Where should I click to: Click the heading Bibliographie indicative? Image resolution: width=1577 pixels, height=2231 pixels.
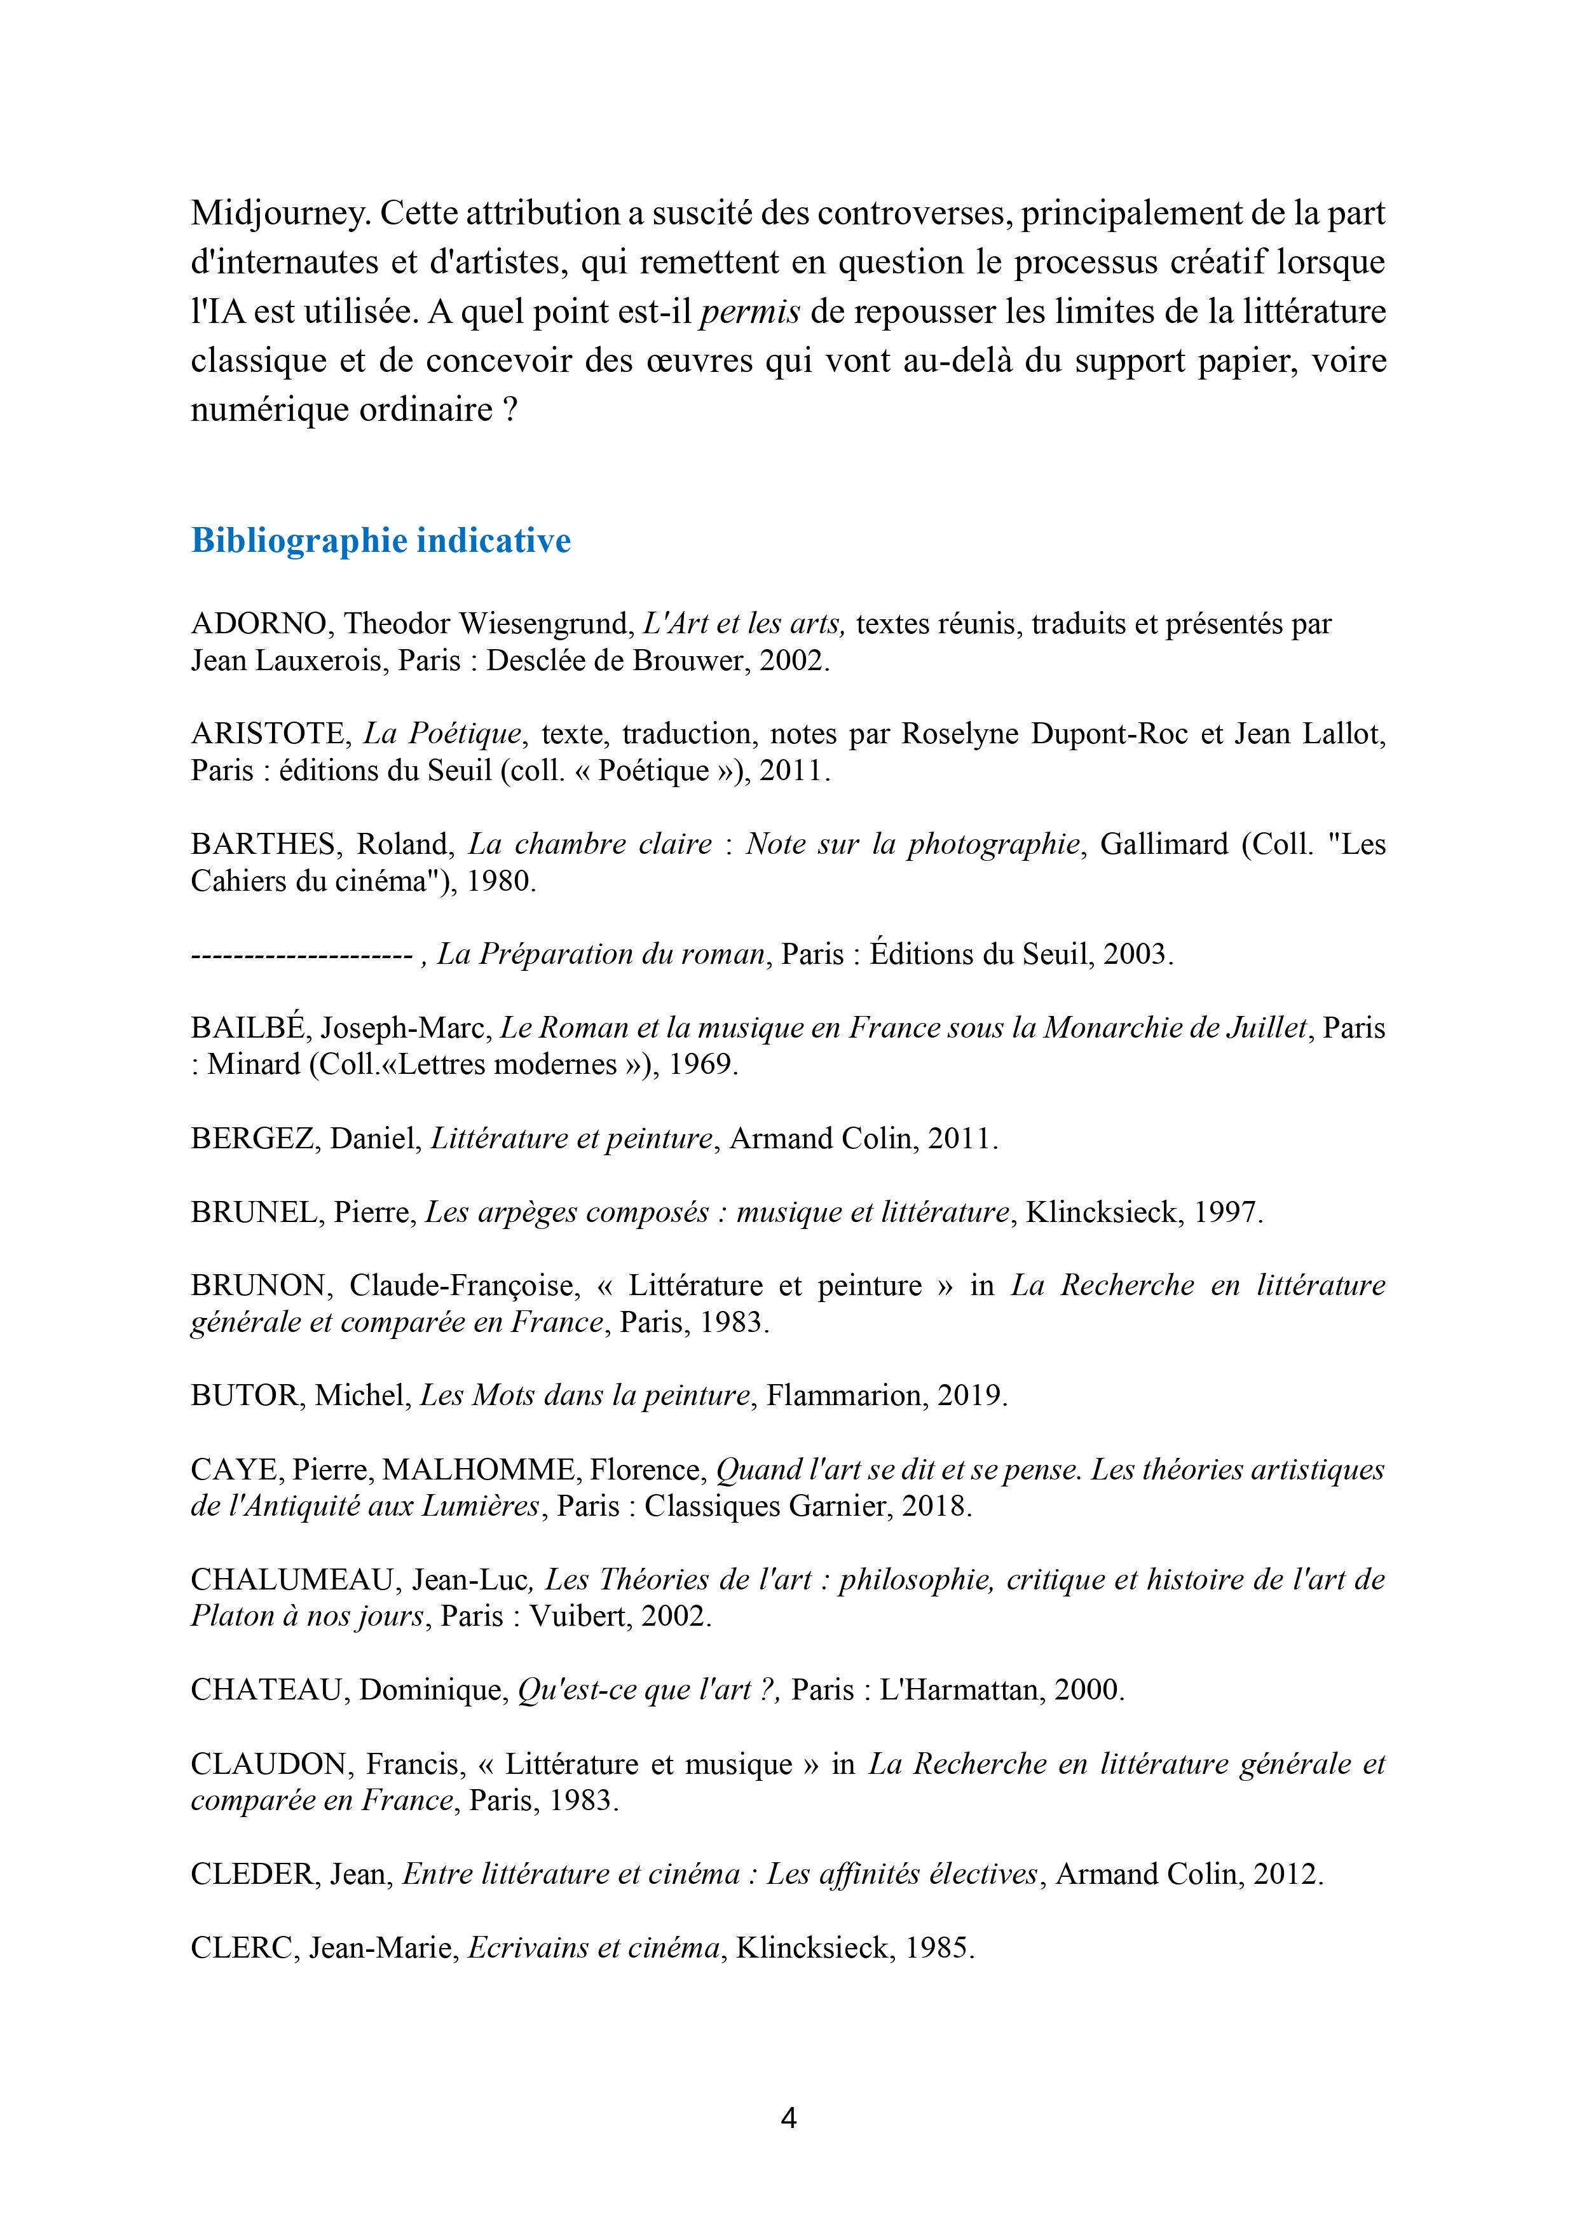381,540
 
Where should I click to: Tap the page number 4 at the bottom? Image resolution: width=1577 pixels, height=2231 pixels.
788,2117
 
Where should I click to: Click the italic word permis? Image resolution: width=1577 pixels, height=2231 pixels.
749,312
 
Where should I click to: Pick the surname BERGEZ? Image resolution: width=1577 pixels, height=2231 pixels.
252,1138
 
